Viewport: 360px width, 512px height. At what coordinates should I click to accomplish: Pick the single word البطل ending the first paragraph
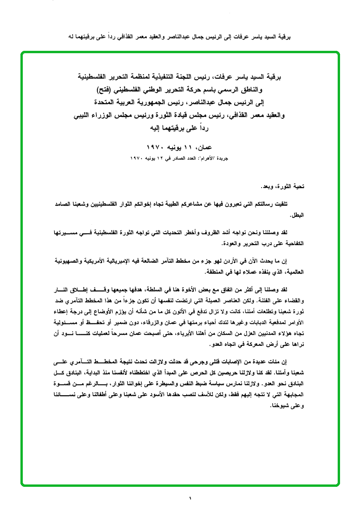(297, 215)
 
